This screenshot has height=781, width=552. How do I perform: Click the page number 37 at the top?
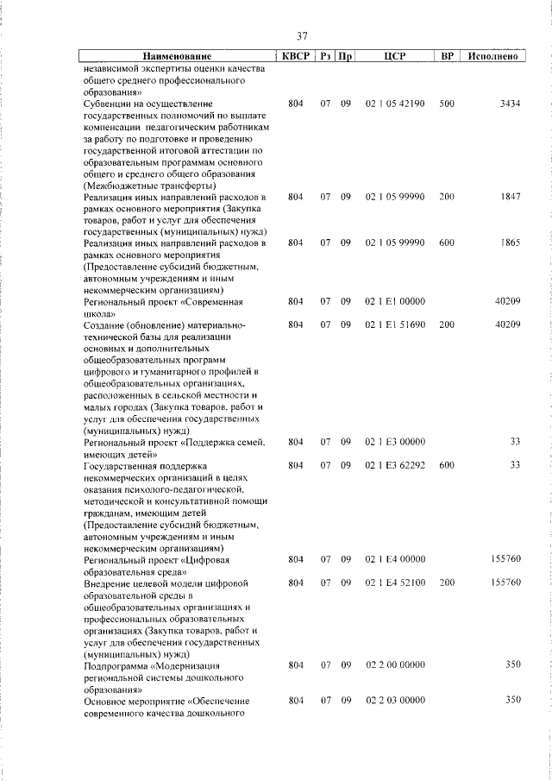coord(302,36)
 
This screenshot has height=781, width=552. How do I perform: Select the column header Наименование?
coord(177,57)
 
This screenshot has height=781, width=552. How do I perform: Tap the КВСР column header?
coord(296,57)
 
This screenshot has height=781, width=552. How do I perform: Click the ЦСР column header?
coord(394,57)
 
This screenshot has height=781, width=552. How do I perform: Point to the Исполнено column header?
coord(492,57)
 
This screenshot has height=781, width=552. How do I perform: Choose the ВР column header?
coord(447,57)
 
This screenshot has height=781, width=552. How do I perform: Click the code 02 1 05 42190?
coord(395,104)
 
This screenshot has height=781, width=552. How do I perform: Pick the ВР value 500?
coord(447,104)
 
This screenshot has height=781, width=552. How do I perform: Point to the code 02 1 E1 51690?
coord(395,325)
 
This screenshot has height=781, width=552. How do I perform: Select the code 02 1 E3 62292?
coord(395,465)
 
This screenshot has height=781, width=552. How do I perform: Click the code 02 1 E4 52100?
coord(395,583)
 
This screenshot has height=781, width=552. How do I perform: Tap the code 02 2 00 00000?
coord(395,666)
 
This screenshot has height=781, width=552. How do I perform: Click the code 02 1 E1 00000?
coord(395,302)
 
